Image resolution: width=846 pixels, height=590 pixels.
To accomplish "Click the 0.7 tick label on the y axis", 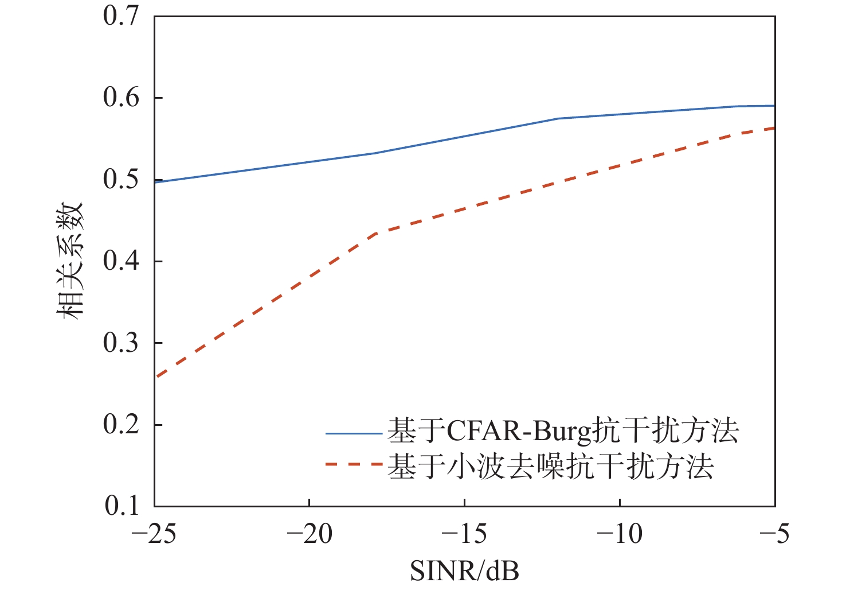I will (x=121, y=16).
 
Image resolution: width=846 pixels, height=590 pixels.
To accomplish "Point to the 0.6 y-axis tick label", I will (x=121, y=98).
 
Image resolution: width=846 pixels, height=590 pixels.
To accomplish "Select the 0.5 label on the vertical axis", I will (x=121, y=180).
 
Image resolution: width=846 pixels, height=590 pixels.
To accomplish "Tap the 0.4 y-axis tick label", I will (x=121, y=262).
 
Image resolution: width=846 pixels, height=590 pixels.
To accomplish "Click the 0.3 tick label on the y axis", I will (x=121, y=343).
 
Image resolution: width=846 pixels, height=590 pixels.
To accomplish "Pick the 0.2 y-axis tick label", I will (x=121, y=425).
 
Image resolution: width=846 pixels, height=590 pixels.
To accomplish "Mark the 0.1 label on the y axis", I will (x=121, y=506).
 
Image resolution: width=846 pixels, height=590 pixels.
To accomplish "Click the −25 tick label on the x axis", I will (x=154, y=534).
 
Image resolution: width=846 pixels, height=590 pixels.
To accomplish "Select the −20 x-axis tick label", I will (x=310, y=534).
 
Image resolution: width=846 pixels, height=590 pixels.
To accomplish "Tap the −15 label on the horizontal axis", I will (x=465, y=534).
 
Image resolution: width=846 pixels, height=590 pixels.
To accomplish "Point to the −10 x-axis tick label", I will (x=620, y=534).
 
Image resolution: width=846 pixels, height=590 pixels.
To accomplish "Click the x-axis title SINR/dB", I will (x=465, y=572).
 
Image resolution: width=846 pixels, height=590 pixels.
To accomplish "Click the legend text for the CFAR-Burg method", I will (x=563, y=431).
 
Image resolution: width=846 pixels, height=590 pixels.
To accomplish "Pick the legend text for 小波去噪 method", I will (x=550, y=467).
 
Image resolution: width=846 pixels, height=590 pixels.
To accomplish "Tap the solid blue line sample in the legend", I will (x=354, y=433).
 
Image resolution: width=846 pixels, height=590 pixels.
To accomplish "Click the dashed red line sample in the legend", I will (x=354, y=464).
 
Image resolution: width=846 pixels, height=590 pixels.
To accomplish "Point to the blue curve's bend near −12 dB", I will (x=559, y=118).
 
